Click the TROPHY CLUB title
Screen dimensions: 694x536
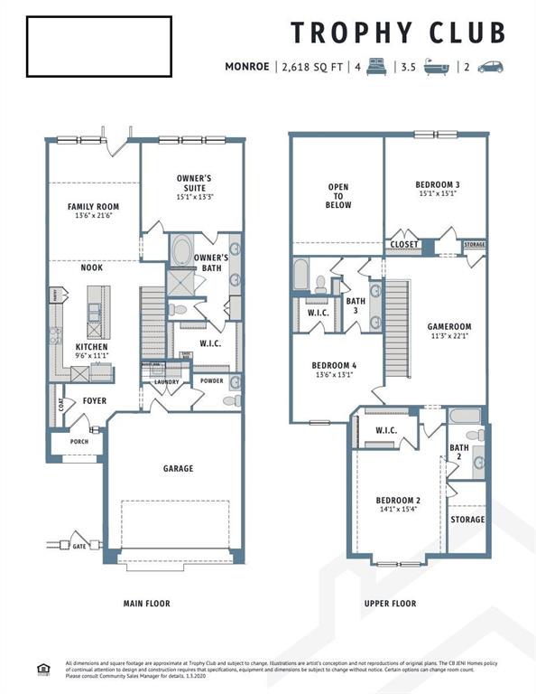point(398,32)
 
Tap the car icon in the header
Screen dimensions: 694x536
point(490,67)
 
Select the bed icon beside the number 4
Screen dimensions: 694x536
point(376,67)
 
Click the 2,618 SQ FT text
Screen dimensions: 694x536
point(315,67)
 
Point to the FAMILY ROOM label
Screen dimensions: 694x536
point(93,207)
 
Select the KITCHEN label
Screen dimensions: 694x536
point(92,347)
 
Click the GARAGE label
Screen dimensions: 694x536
point(178,469)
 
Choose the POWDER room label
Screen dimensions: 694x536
point(212,380)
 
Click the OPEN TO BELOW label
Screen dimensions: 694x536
point(338,196)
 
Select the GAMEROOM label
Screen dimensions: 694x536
point(449,327)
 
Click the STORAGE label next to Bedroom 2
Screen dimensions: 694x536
point(467,520)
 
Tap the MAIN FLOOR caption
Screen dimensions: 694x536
point(146,603)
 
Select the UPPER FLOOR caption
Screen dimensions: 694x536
point(390,603)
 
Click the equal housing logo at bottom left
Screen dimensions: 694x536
point(42,669)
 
